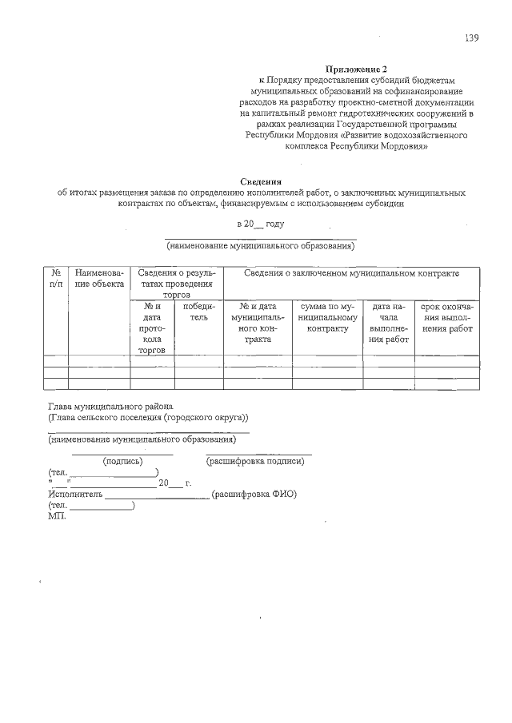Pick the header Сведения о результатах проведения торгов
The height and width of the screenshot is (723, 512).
[x=176, y=284]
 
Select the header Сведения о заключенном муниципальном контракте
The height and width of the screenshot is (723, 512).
[x=351, y=273]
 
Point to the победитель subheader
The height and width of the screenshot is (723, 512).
[x=198, y=312]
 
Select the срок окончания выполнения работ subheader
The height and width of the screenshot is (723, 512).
[x=447, y=317]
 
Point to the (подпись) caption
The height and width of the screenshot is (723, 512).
[x=122, y=461]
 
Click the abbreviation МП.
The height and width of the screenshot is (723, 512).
[x=58, y=516]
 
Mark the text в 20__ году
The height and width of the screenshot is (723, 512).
[x=260, y=224]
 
